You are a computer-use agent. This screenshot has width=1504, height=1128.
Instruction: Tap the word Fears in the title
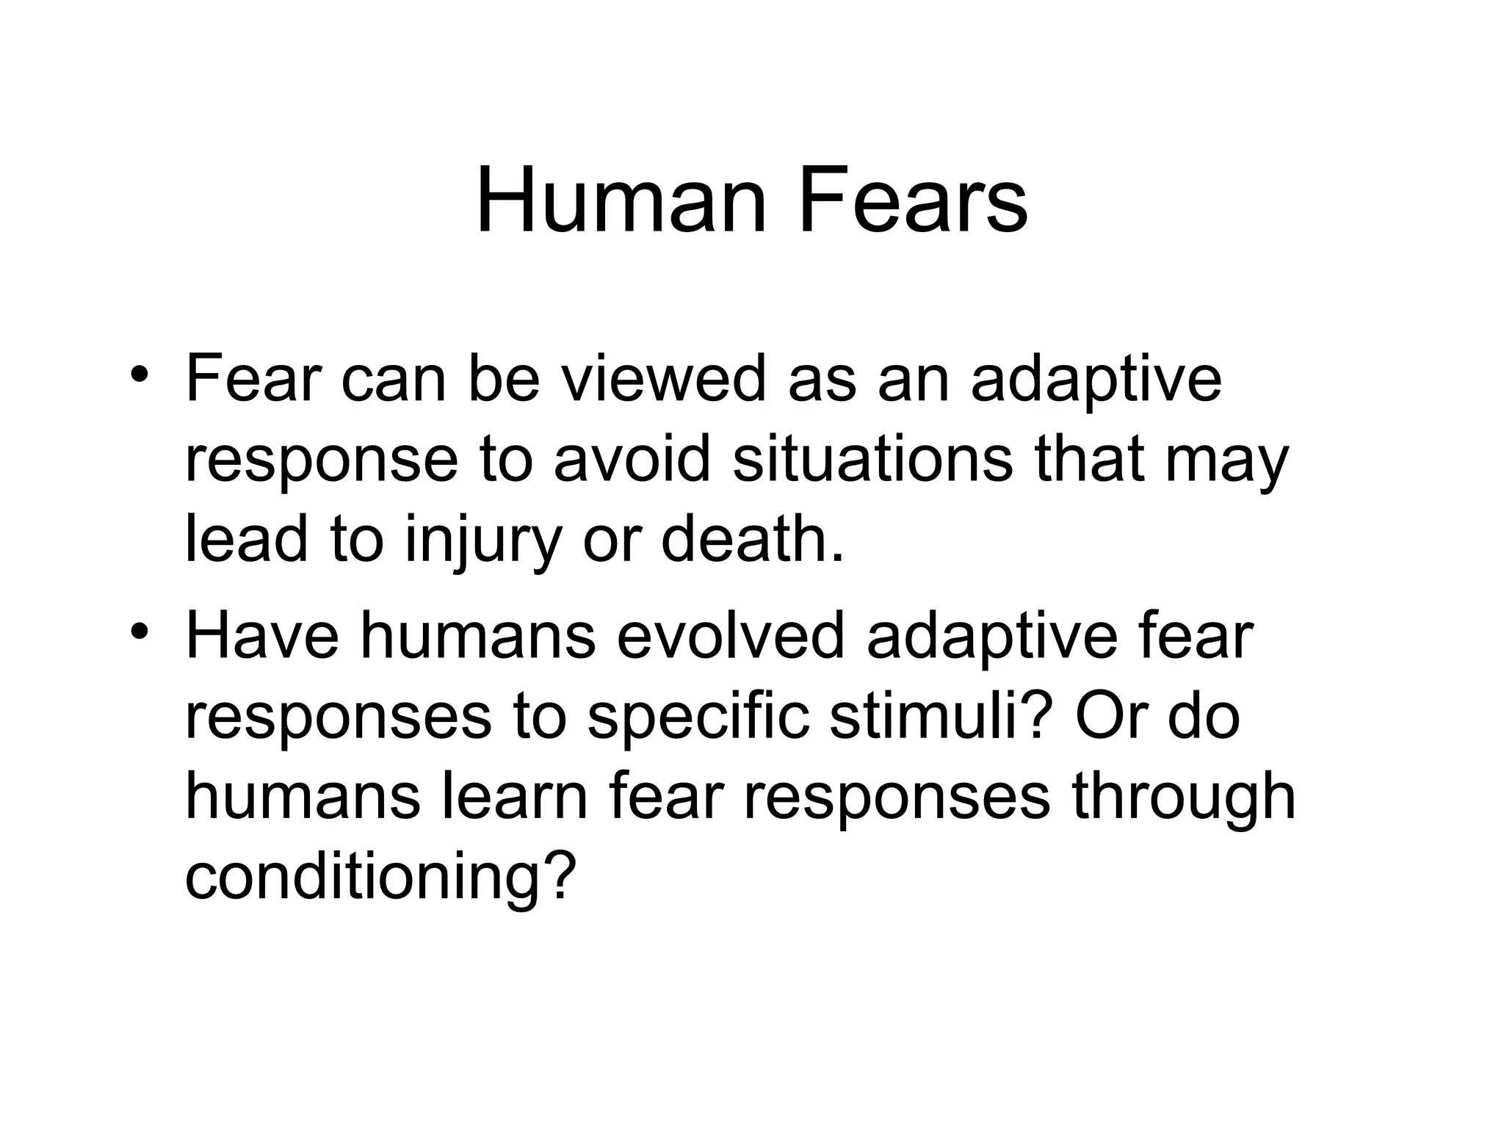(x=912, y=200)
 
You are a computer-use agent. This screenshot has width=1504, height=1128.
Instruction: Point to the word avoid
(x=632, y=460)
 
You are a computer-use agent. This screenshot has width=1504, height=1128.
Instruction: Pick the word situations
(x=872, y=460)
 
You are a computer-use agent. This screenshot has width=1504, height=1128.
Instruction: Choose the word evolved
(x=731, y=636)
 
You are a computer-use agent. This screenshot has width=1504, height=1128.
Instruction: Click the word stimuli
(x=937, y=717)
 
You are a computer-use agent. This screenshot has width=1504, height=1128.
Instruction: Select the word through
(x=1183, y=798)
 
